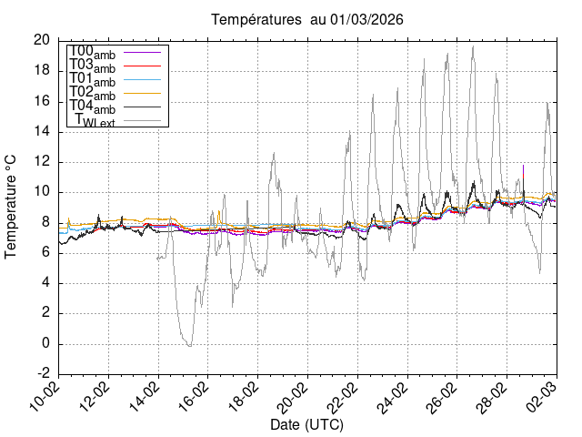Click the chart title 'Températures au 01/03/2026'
[x=307, y=19]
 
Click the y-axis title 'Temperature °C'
[x=12, y=207]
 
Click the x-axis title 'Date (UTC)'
[x=307, y=425]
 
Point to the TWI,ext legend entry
[x=100, y=120]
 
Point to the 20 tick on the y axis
[x=42, y=40]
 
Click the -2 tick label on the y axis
[x=43, y=374]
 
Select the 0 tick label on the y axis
[x=45, y=344]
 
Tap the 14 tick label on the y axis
[x=42, y=131]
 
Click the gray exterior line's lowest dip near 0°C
[x=189, y=346]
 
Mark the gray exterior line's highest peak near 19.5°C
[x=473, y=46]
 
